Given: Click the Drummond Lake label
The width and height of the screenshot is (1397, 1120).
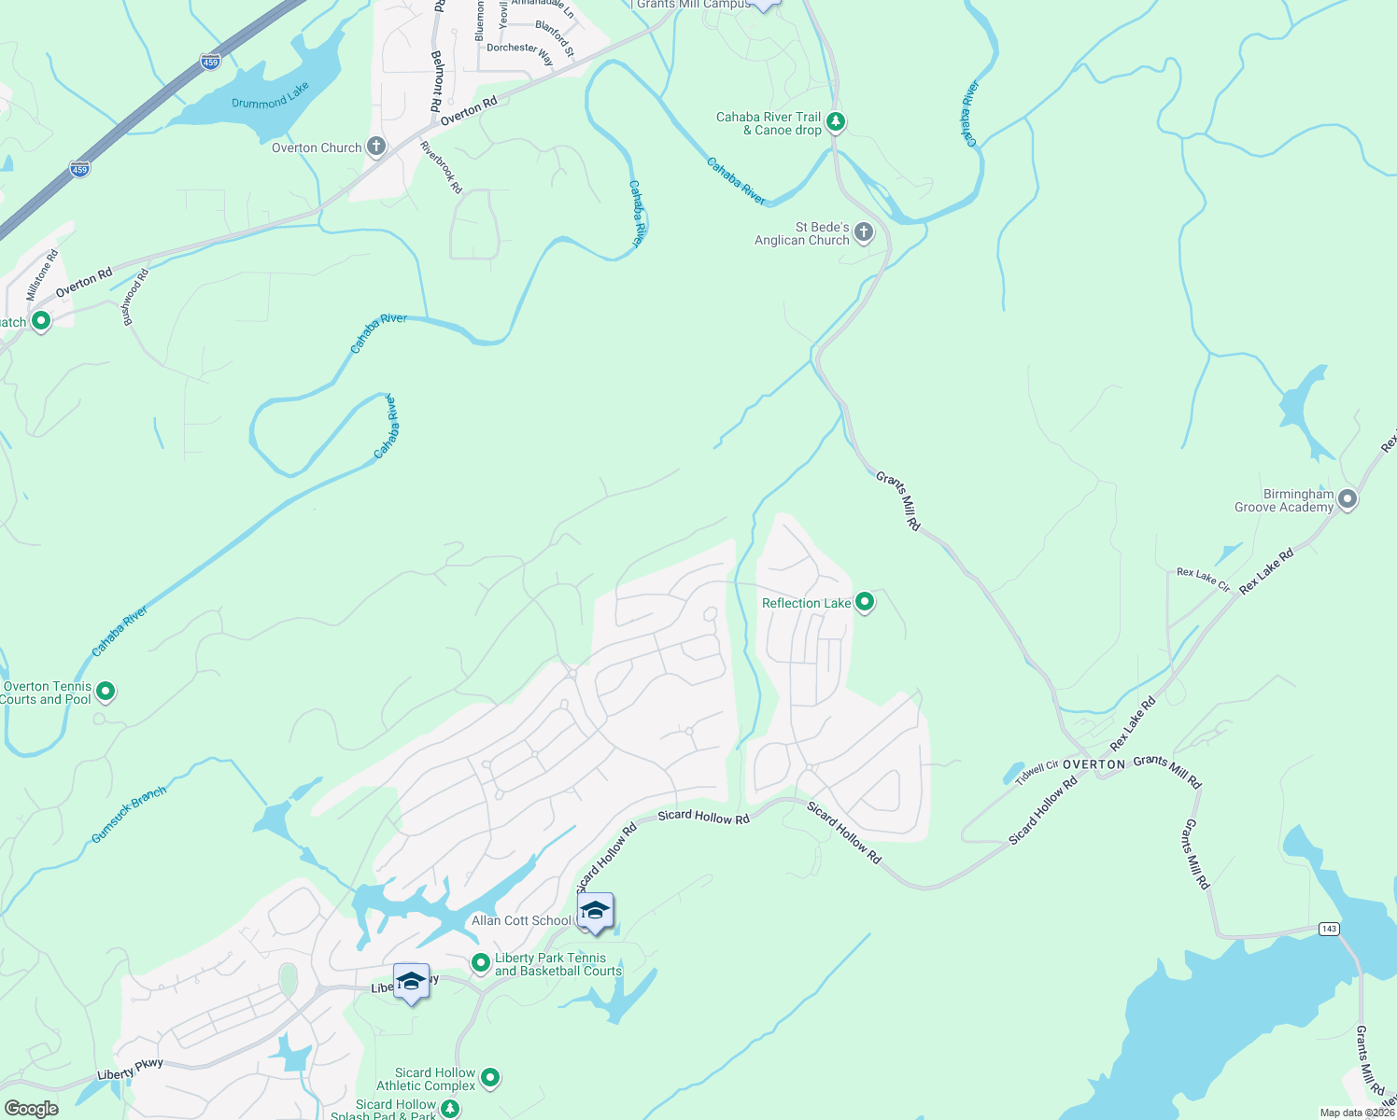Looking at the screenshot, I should click(270, 96).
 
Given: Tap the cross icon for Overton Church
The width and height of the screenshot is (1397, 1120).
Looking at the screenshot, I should click(375, 147).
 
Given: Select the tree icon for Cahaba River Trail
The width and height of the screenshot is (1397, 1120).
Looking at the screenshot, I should click(836, 122).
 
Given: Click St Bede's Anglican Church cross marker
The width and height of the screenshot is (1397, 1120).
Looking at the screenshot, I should click(864, 232).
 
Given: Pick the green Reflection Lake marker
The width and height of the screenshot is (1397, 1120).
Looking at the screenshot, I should click(865, 602).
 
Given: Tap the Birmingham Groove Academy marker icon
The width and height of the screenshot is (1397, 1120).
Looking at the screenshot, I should click(1347, 499).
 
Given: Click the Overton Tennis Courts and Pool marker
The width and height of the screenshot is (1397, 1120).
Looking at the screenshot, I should click(106, 692).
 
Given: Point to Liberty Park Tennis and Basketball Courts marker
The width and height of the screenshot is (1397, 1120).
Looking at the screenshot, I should click(480, 962).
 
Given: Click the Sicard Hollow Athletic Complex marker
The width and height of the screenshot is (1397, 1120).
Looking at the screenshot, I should click(489, 1078).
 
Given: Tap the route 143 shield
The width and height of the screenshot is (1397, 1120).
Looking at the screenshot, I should click(1329, 929).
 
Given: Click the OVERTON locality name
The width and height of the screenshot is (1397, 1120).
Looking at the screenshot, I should click(1094, 764).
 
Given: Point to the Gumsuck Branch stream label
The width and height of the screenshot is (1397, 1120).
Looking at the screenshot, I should click(129, 815).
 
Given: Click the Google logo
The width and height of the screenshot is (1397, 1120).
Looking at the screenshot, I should click(31, 1109).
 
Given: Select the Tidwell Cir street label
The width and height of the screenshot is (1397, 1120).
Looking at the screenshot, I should click(1037, 772).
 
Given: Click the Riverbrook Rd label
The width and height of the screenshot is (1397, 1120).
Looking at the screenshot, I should click(441, 167).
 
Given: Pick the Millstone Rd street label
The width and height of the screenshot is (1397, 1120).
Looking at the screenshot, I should click(42, 274).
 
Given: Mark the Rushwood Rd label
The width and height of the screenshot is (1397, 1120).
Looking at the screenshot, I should click(136, 297).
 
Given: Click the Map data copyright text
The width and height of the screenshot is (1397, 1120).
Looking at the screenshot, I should click(1357, 1113).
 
